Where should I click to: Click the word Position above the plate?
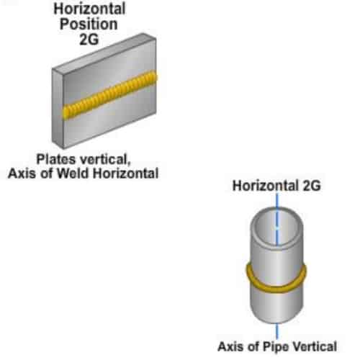click(x=89, y=24)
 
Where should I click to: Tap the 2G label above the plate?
click(x=89, y=39)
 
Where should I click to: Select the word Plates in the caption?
click(x=56, y=159)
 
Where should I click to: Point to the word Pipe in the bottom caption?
click(x=276, y=347)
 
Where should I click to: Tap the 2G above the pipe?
click(x=312, y=186)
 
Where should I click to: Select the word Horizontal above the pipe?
click(x=266, y=186)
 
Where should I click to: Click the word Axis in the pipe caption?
click(x=230, y=346)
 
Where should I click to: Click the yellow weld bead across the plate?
click(x=109, y=94)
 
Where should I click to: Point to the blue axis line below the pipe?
click(x=276, y=330)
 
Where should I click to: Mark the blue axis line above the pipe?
click(x=276, y=200)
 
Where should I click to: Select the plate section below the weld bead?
click(x=110, y=121)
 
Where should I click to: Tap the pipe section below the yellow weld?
click(x=276, y=305)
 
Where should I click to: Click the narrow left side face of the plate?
click(x=58, y=108)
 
